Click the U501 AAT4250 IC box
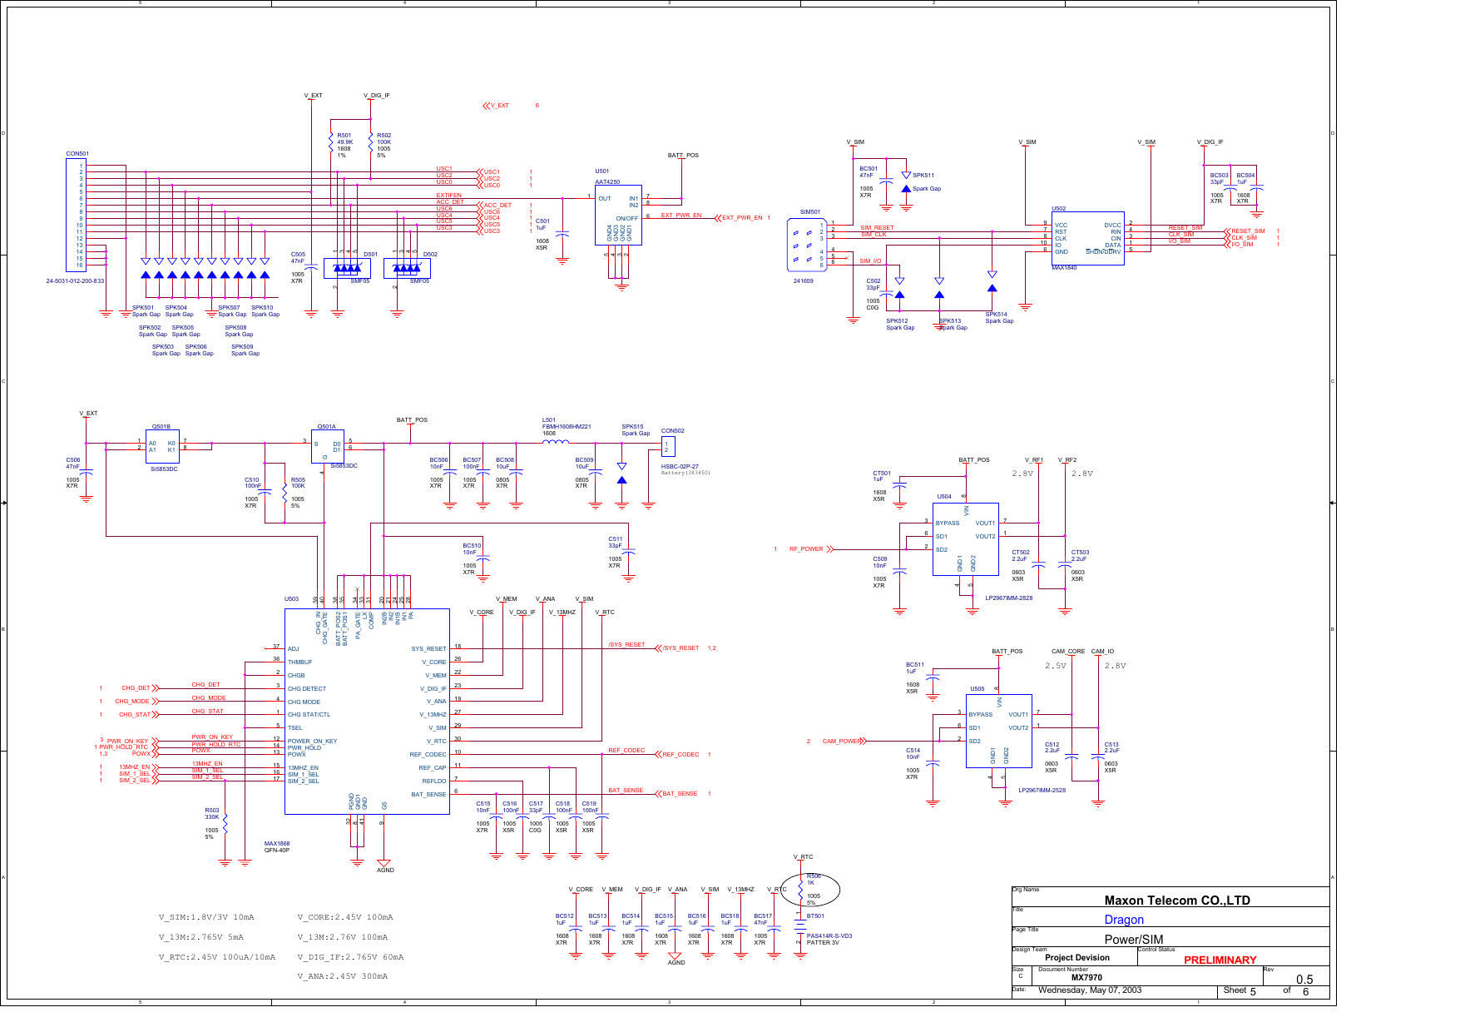tap(618, 215)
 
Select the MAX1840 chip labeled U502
tap(1087, 238)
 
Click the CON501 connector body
tap(76, 215)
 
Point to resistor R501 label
tap(344, 135)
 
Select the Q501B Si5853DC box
tap(162, 447)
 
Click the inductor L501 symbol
tap(555, 443)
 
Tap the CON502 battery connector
tap(668, 447)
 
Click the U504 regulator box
tap(965, 538)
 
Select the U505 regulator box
tap(998, 730)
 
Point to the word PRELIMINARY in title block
tap(1220, 960)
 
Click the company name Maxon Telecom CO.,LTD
tap(1176, 900)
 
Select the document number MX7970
tap(1086, 978)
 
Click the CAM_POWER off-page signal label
tap(841, 741)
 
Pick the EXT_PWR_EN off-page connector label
tap(741, 218)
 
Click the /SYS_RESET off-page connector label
tap(681, 647)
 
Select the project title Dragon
tap(1123, 920)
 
